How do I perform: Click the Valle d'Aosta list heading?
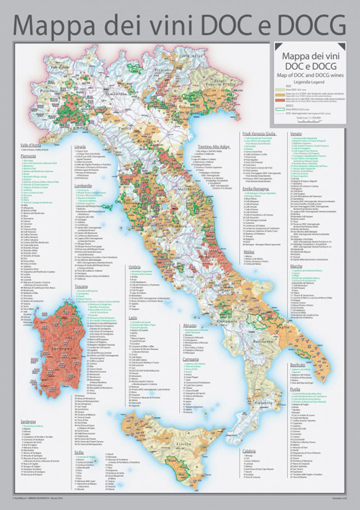(32, 145)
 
